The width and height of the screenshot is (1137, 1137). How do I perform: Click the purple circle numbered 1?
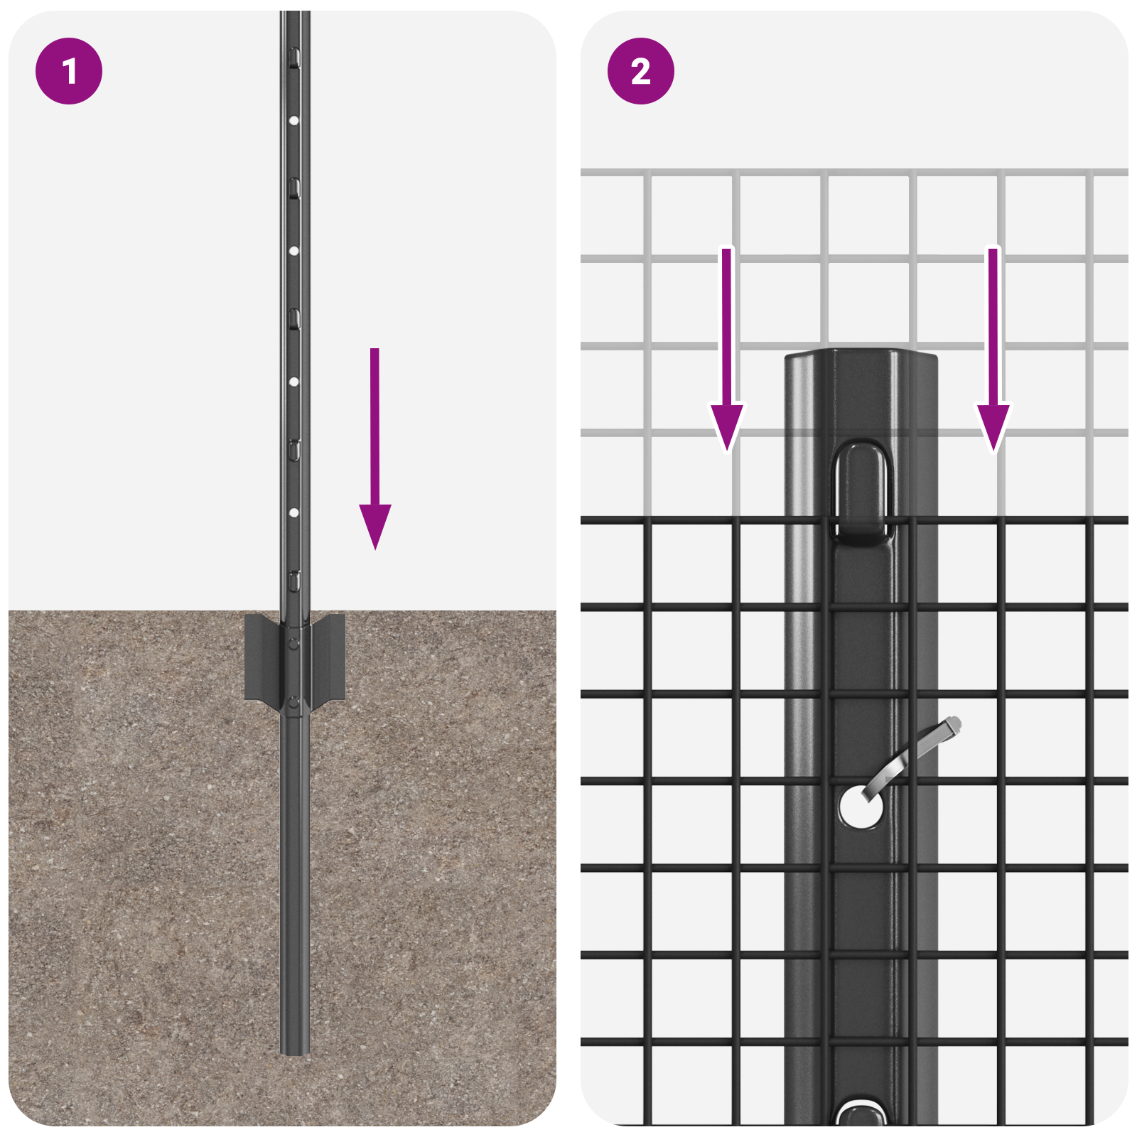pos(69,71)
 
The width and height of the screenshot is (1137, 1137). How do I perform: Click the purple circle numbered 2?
pos(640,71)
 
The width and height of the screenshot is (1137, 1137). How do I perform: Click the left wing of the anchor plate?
pos(261,657)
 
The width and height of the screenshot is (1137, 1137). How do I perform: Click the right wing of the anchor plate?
pos(328,657)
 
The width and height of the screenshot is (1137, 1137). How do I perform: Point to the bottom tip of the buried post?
pos(294,1050)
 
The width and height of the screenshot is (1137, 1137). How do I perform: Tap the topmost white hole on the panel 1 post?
pos(293,121)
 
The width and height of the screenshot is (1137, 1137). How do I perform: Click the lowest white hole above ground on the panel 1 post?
pos(293,512)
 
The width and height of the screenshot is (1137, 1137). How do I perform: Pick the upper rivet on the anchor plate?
pos(293,644)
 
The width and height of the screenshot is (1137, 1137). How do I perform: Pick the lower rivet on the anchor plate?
pos(293,704)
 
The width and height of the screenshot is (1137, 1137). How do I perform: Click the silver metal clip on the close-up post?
pos(917,750)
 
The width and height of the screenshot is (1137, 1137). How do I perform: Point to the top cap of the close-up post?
pos(861,355)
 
